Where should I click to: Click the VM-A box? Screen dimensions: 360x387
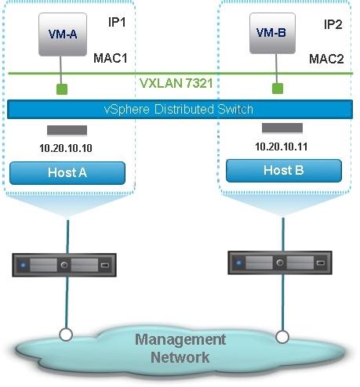63,34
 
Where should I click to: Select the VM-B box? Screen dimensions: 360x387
272,33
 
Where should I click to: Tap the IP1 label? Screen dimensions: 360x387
117,22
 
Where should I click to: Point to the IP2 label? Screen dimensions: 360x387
333,24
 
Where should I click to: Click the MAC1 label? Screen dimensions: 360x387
111,58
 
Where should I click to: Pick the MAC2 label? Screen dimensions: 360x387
326,59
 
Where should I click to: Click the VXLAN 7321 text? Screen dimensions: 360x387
176,83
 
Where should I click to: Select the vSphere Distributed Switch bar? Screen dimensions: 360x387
180,109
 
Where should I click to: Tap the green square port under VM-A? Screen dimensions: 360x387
62,89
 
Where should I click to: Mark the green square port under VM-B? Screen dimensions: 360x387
278,89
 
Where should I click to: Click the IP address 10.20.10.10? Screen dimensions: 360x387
66,148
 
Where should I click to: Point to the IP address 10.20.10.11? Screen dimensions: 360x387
282,146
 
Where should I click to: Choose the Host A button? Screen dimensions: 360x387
67,173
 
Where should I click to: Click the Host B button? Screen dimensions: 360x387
284,171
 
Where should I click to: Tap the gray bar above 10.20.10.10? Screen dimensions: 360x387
67,130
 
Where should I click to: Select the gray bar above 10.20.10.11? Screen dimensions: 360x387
282,128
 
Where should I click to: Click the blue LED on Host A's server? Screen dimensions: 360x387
24,266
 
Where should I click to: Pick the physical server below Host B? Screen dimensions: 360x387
280,262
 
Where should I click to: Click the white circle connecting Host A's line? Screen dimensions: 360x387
66,335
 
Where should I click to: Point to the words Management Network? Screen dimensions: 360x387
180,349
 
